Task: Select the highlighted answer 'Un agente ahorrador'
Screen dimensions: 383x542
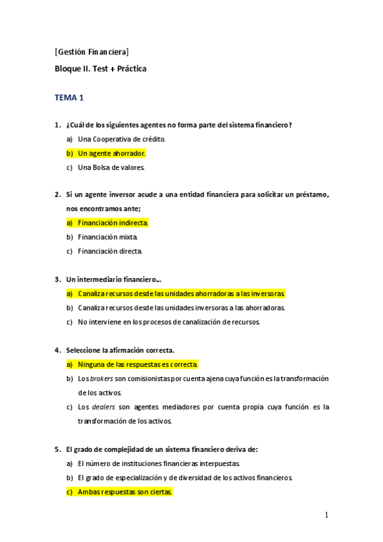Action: click(112, 153)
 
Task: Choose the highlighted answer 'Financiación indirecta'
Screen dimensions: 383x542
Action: click(113, 222)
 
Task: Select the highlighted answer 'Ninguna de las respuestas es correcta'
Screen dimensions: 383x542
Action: click(137, 364)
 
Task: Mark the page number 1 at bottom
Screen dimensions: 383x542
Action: click(326, 515)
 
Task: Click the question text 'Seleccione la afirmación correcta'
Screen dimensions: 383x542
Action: click(120, 350)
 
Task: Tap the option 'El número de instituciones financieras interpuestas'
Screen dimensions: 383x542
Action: click(159, 463)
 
